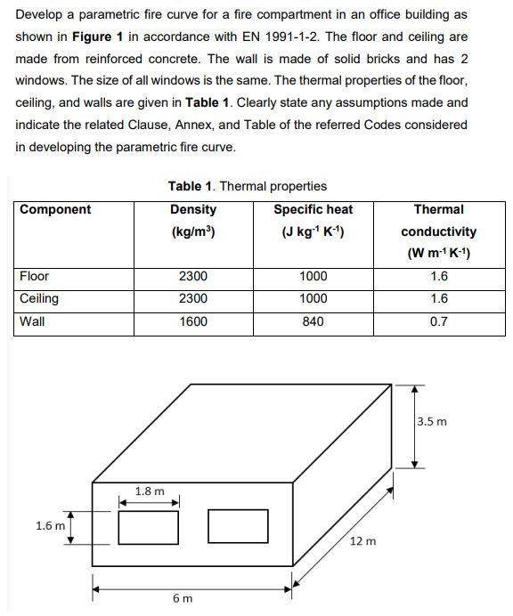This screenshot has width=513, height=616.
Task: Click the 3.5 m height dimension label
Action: click(x=433, y=421)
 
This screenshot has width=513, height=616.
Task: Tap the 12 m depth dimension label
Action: click(x=362, y=540)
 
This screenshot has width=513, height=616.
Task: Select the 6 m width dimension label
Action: click(x=182, y=598)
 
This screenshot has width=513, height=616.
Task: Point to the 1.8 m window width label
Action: click(x=150, y=490)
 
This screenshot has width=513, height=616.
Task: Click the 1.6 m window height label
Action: click(x=50, y=525)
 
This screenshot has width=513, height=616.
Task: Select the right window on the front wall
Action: click(x=238, y=526)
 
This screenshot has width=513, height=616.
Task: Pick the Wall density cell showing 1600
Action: click(x=193, y=321)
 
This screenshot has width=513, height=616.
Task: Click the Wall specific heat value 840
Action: click(x=313, y=321)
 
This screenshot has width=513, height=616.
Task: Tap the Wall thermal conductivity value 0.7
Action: click(x=438, y=321)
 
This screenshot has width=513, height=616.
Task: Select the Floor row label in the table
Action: click(x=35, y=276)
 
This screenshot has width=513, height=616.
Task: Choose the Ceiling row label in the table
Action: click(x=39, y=298)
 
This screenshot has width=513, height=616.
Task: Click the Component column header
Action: click(x=55, y=209)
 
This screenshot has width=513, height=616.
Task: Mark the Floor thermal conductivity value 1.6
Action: click(x=438, y=276)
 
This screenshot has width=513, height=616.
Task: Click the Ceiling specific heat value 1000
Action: click(x=313, y=298)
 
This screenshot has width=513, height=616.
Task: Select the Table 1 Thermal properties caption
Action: click(x=247, y=186)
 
